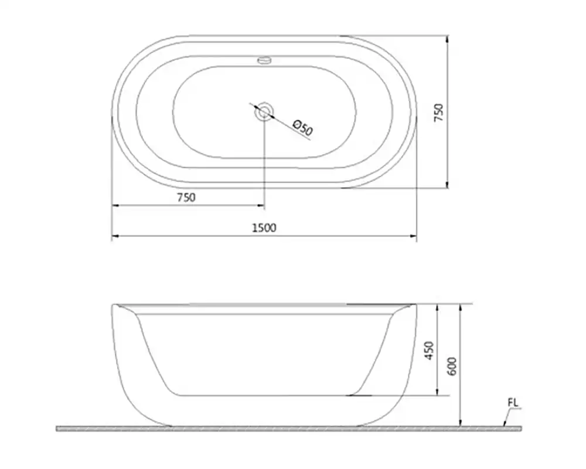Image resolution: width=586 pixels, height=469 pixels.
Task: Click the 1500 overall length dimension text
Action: (264, 228)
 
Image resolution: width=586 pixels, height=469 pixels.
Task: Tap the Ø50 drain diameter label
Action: (303, 128)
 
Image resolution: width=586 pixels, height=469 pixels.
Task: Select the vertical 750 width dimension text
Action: (438, 112)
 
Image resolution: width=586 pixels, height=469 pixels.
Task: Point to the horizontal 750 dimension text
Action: (186, 197)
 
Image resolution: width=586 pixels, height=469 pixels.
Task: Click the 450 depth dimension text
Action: (430, 351)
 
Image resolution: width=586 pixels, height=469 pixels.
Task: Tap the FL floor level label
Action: (513, 403)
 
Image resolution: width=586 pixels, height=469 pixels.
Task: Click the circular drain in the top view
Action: (265, 112)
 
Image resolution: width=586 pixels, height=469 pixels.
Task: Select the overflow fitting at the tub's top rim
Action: (265, 60)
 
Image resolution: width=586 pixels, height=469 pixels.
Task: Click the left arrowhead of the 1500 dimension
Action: (115, 236)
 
